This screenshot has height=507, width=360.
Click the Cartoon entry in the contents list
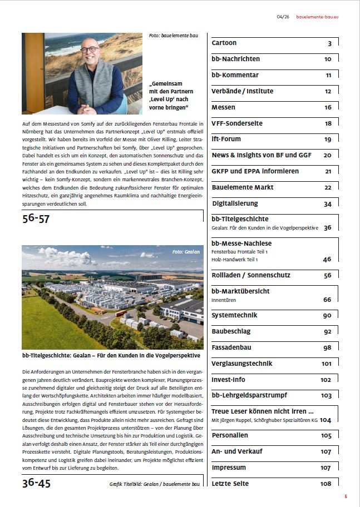click(x=224, y=43)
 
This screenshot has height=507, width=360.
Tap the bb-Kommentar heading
click(x=235, y=75)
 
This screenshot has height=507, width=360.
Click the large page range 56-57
click(x=36, y=218)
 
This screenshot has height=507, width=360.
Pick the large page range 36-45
click(x=36, y=483)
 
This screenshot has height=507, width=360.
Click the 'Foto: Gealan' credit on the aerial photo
click(x=185, y=252)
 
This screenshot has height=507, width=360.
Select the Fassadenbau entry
click(x=232, y=347)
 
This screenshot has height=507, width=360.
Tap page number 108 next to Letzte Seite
click(x=326, y=484)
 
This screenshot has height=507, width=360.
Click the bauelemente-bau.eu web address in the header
click(x=317, y=17)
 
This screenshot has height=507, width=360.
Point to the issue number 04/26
click(x=283, y=17)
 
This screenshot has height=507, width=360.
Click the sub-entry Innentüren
click(x=224, y=300)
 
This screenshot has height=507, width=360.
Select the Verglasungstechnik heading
click(x=241, y=364)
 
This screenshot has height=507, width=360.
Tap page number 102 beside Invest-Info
click(x=326, y=380)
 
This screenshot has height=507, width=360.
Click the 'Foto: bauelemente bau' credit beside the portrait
click(x=173, y=36)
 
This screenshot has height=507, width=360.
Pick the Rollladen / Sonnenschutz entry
click(x=250, y=275)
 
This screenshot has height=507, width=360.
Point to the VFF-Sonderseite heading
click(x=237, y=123)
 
